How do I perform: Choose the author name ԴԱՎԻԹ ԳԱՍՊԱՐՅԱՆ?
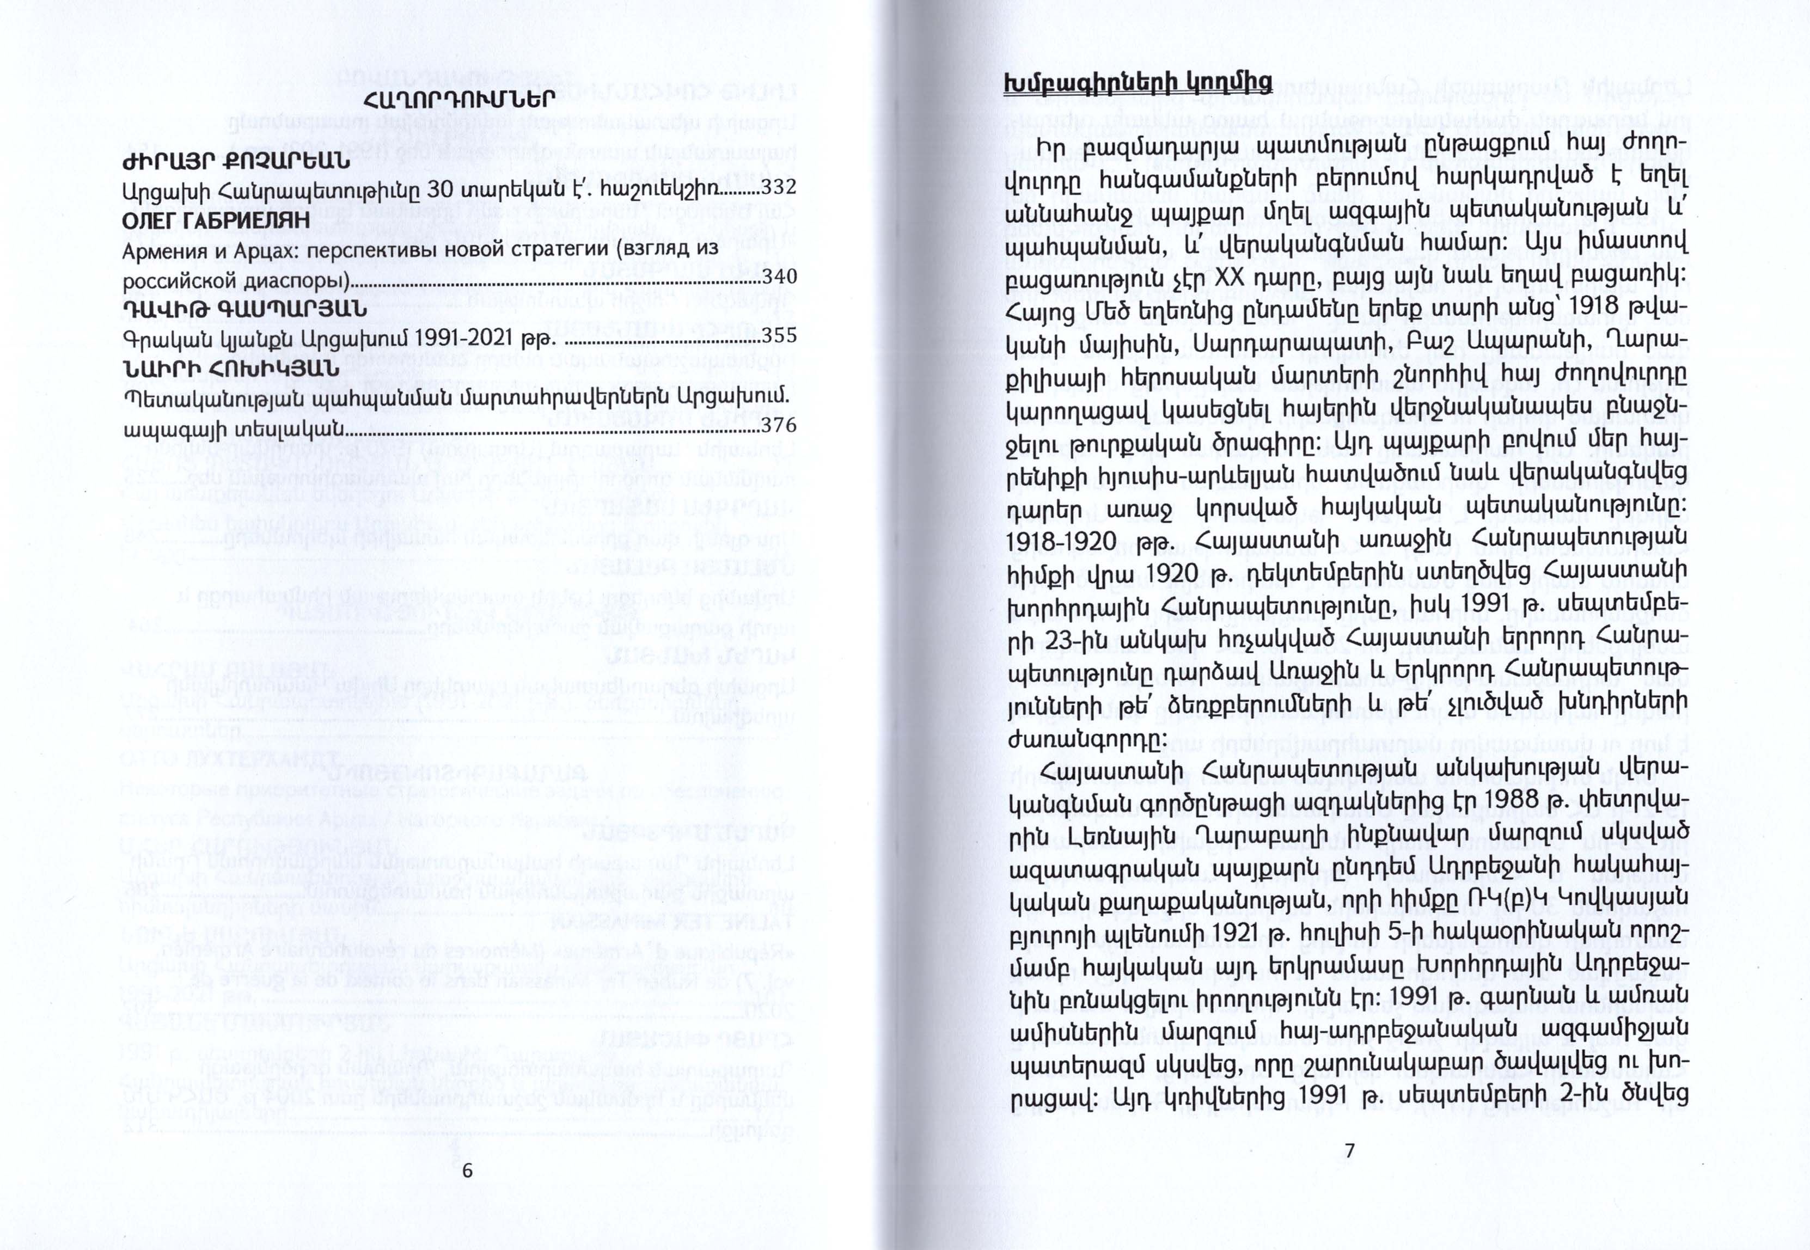click(244, 311)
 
